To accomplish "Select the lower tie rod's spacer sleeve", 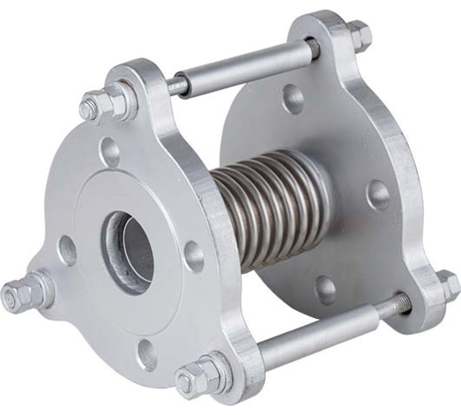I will tap(313, 341).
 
